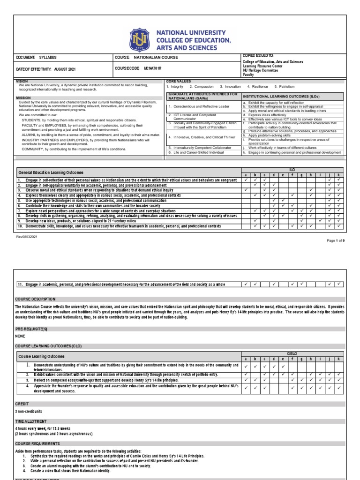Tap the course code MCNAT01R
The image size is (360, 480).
pos(153,68)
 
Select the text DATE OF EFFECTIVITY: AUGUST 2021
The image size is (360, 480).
pos(45,69)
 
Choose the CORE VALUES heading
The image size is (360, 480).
pos(179,81)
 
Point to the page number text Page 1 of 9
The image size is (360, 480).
pos(335,240)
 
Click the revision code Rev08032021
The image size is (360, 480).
pos(28,237)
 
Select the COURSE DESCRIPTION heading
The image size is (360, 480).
pos(35,299)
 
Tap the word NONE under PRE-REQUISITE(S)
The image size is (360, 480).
pos(21,336)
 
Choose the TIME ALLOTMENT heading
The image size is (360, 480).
pos(32,421)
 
